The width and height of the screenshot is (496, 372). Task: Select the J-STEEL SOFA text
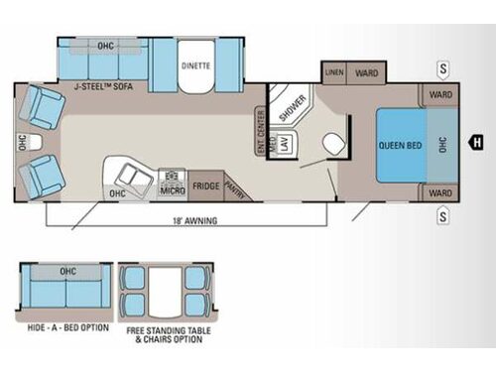pos(102,86)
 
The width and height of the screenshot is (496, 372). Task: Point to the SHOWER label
pos(287,111)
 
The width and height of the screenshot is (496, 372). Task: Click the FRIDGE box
pos(205,186)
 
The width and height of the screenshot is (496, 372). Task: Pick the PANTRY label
pos(234,186)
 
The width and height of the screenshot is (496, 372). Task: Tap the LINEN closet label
pos(333,72)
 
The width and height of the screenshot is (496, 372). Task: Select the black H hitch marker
pos(476,140)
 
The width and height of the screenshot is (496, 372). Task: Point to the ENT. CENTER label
pos(261,128)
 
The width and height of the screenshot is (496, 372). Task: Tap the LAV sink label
pos(282,145)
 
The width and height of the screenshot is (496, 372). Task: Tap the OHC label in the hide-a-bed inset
pos(68,270)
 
